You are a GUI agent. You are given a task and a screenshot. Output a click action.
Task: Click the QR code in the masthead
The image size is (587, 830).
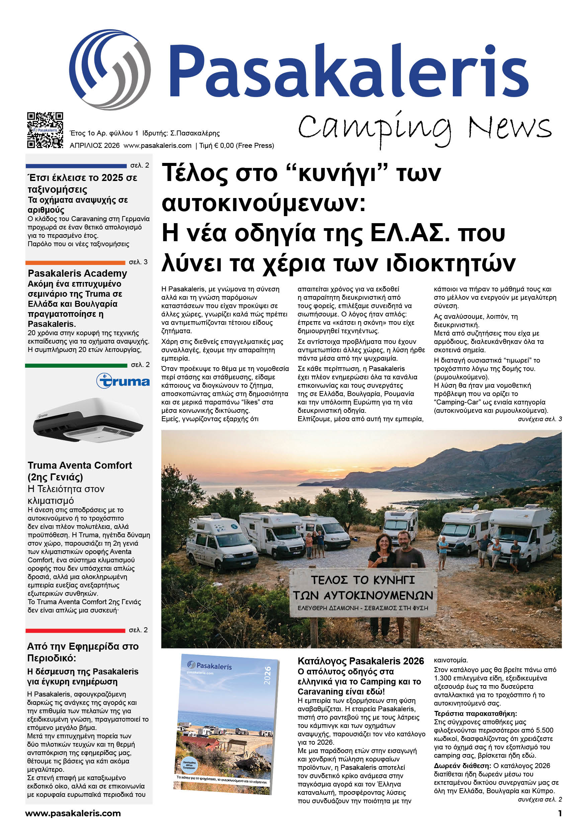45,130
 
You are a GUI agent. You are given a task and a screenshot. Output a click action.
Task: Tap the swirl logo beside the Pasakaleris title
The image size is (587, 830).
109,70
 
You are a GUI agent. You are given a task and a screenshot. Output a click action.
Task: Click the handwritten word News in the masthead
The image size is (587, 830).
510,127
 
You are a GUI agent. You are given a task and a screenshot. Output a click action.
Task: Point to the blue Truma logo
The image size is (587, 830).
123,381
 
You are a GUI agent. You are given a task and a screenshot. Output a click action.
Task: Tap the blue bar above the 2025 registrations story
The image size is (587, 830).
76,166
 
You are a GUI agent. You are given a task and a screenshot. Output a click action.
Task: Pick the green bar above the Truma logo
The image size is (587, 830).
76,365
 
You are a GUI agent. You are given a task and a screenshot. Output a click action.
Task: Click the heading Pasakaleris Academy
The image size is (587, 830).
77,273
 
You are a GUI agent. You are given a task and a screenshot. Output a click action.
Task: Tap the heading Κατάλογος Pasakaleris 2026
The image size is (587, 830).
360,661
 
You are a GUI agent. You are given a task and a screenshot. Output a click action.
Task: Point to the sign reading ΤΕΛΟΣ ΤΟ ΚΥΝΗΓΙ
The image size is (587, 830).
363,592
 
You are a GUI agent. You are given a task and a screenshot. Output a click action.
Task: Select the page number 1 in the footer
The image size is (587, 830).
560,814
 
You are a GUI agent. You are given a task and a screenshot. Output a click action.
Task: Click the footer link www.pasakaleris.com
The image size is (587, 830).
73,814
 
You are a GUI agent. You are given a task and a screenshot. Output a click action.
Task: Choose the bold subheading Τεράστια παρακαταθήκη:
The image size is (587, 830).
475,714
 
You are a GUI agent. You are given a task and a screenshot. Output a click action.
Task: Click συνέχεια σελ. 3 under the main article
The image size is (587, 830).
539,419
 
